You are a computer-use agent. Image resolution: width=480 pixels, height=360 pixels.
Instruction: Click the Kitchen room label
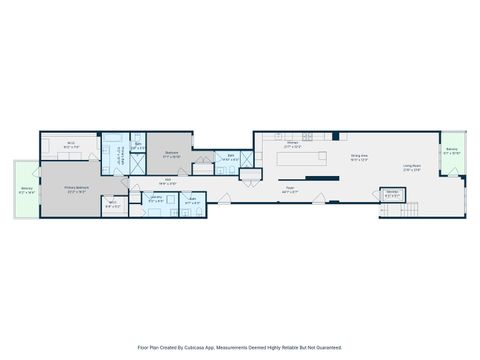293,143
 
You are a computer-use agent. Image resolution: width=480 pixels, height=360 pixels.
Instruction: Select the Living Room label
411,167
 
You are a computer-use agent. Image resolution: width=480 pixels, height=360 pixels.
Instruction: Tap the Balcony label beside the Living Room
453,152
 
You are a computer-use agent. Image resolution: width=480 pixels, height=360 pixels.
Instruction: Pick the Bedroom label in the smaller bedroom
171,156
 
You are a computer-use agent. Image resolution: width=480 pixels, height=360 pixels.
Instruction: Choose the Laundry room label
156,198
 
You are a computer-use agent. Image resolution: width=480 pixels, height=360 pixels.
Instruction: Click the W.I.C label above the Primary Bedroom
72,144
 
